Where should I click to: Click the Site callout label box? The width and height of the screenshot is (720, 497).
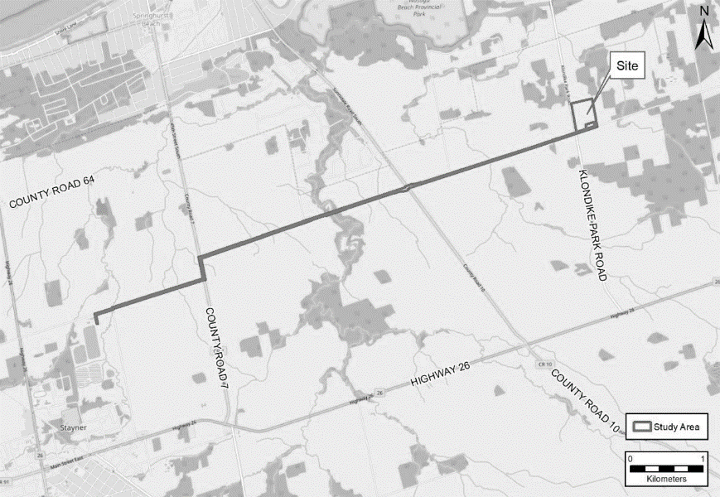[628, 68]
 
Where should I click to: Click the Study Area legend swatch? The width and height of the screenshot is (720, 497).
[641, 428]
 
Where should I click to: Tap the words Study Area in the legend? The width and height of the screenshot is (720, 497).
[677, 428]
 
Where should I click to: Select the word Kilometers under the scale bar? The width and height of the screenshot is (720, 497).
[666, 480]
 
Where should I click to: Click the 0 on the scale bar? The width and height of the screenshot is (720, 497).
[631, 459]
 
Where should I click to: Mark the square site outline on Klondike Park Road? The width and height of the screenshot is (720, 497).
[583, 114]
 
